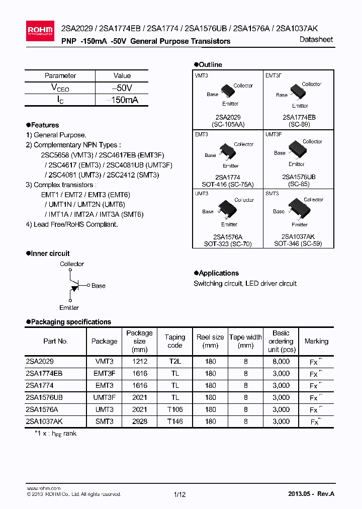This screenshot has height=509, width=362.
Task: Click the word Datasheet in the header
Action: pos(316,40)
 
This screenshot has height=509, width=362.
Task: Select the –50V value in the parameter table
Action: pos(122,88)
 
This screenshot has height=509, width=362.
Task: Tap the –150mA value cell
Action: pos(122,100)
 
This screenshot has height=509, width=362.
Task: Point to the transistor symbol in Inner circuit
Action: pos(73,286)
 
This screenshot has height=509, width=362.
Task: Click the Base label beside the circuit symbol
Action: pos(99,286)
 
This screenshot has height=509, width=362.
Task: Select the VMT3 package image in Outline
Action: pos(228,92)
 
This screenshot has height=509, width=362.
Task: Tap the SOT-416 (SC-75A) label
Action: pos(227,184)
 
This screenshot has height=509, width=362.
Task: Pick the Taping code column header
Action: pos(175,341)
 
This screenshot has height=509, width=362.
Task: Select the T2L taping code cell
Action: pos(175,361)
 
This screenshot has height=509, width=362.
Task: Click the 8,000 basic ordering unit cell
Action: pos(281,361)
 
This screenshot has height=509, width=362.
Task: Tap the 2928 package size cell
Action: pos(139,421)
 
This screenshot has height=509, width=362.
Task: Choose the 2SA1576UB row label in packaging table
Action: pos(44,397)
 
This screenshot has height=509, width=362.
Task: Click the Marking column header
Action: pos(316,341)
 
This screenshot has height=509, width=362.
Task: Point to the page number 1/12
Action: pos(179,494)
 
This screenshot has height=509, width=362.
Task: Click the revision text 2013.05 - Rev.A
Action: pos(311,494)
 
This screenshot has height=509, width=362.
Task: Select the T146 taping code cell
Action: pos(175,421)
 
